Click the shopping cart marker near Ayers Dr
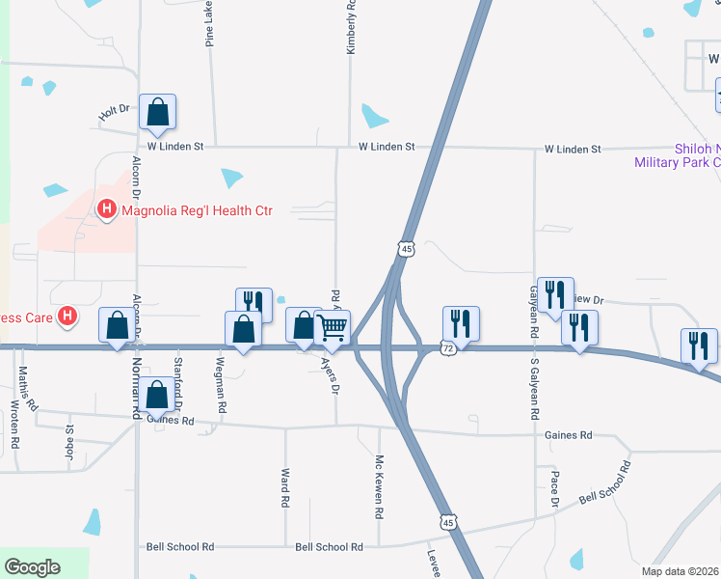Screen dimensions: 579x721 [333, 327]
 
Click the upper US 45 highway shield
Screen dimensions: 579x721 [405, 250]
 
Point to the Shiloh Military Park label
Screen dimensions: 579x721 [677, 155]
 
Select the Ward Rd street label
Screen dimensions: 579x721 [285, 488]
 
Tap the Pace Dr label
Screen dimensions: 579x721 [555, 489]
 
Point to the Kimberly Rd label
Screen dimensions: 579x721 [352, 26]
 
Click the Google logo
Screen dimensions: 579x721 [33, 567]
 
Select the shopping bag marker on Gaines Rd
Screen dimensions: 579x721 [156, 396]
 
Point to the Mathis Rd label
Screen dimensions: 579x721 [31, 390]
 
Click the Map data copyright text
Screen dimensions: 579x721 [681, 571]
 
